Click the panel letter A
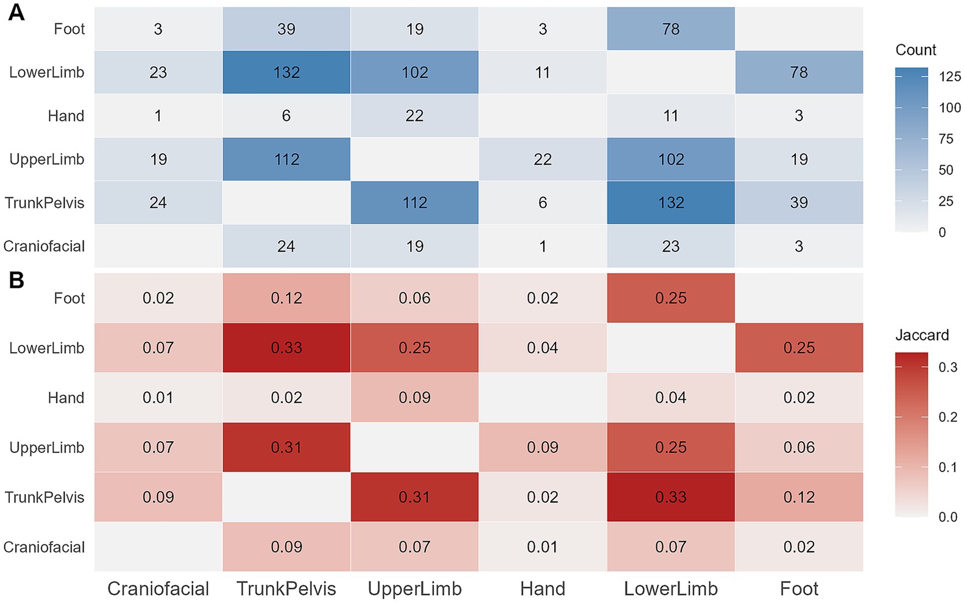click(16, 13)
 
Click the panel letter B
click(16, 281)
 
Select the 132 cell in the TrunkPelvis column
click(286, 72)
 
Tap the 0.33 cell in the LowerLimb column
click(671, 497)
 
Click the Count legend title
click(915, 50)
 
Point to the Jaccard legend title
click(922, 335)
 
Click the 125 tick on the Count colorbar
click(950, 76)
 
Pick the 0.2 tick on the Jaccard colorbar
click(947, 417)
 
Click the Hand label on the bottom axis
click(543, 588)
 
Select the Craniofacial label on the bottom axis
click(158, 588)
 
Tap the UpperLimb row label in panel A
click(47, 159)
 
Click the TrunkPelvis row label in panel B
click(44, 497)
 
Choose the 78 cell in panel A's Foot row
click(671, 29)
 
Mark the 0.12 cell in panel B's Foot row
click(286, 298)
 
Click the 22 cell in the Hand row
click(414, 116)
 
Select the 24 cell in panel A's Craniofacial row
click(286, 246)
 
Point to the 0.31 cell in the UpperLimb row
click(286, 448)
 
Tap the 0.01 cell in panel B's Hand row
click(158, 398)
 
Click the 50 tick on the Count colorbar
click(945, 170)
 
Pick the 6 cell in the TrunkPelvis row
click(543, 203)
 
